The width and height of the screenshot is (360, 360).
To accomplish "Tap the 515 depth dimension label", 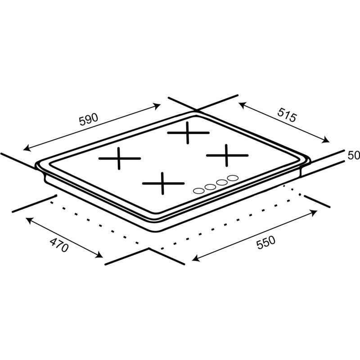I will tap(286, 116).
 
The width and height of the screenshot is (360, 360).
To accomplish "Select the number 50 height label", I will tap(354, 156).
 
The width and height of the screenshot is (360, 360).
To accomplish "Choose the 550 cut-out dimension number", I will tap(265, 243).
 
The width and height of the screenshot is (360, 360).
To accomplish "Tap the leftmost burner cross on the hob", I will tap(120, 159).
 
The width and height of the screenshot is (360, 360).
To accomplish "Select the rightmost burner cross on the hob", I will tap(227, 156).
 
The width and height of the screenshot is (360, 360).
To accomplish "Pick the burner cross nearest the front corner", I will tap(163, 183).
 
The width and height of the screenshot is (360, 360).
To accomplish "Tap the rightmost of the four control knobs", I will tap(232, 178).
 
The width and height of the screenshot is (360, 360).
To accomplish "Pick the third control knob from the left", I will tap(221, 182).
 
